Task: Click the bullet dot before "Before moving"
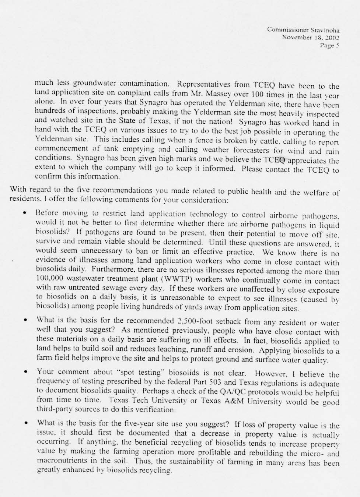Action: tap(25, 213)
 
